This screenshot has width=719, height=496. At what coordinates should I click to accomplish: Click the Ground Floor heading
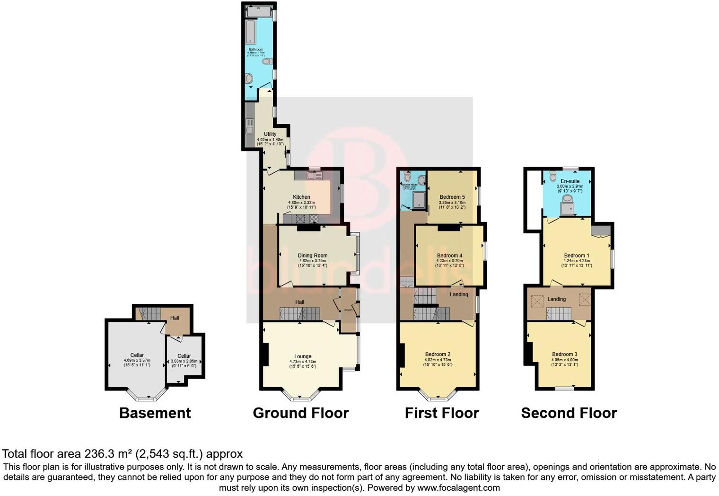[x=300, y=413]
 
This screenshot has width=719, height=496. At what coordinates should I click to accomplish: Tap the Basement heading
[x=155, y=413]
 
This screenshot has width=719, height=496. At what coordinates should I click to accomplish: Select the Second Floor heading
[x=569, y=413]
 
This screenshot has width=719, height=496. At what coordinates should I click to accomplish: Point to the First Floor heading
[x=441, y=413]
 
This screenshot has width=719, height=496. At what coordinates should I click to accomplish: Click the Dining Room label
[x=312, y=256]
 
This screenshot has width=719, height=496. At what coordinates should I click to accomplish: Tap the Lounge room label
[x=303, y=356]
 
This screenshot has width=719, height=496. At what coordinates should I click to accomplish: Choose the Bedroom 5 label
[x=452, y=197]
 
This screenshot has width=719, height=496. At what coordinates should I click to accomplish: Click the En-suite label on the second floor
[x=570, y=181]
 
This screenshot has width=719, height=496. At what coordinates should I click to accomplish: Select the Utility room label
[x=270, y=134]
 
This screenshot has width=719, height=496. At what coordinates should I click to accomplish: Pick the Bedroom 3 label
[x=564, y=354]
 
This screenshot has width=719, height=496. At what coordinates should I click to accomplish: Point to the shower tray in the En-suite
[x=567, y=208]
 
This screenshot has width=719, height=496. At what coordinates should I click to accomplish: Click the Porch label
[x=348, y=310]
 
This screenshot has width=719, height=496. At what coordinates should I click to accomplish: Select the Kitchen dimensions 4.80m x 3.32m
[x=301, y=203]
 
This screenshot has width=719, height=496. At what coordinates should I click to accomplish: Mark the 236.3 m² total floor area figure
[x=109, y=454]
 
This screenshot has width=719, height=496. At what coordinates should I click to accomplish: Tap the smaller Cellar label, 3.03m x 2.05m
[x=184, y=356]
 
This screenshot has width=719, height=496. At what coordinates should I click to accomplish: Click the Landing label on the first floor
[x=459, y=294]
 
